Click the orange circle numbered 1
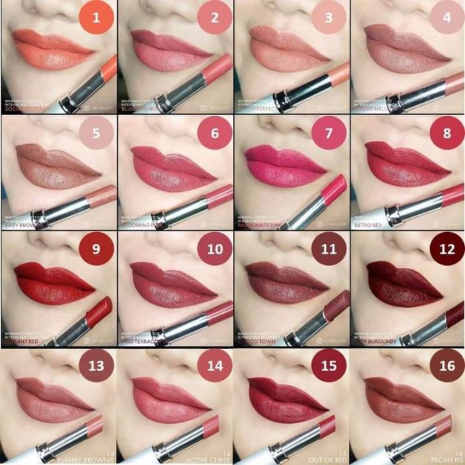pos(96,17)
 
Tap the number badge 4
pos(446,17)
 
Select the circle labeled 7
pos(328,133)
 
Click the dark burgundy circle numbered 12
pos(446,249)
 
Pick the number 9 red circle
pos(96,249)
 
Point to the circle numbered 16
pos(446,366)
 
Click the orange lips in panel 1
pos(52,49)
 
